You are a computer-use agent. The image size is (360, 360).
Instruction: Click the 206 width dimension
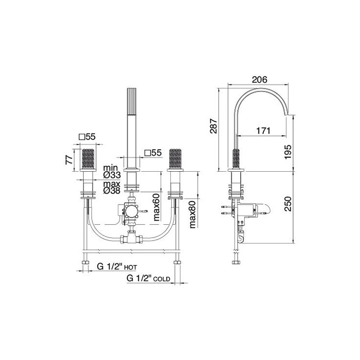(x=259, y=80)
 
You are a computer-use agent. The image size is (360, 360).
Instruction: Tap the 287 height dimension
(x=213, y=126)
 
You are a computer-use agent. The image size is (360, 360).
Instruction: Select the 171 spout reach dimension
(x=263, y=131)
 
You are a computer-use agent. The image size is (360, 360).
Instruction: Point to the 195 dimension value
(x=287, y=152)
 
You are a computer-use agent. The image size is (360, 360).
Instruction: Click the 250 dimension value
(x=287, y=204)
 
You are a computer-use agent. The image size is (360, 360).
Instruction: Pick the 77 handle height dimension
(x=69, y=159)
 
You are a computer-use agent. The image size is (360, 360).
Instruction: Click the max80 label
(x=192, y=214)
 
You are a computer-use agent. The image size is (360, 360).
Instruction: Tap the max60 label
(x=156, y=207)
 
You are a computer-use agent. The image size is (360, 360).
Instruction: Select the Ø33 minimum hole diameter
(x=112, y=175)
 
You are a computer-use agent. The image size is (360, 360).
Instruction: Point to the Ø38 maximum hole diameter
(x=112, y=190)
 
